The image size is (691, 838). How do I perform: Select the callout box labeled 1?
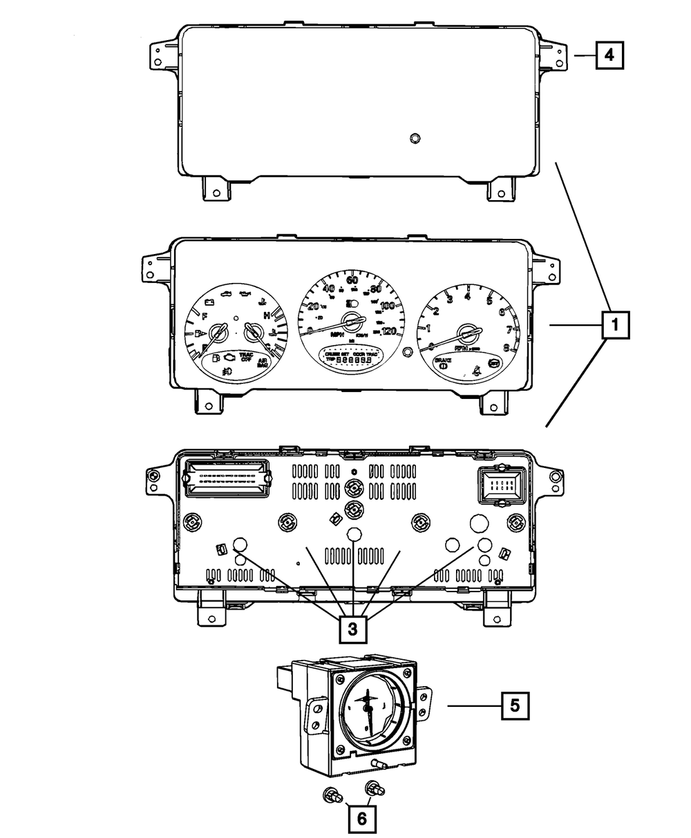point(615,324)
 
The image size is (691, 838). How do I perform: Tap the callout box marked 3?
point(352,628)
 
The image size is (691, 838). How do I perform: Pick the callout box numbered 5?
point(515,705)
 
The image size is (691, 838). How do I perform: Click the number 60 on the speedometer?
point(352,280)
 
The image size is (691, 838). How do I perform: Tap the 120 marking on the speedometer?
point(388,331)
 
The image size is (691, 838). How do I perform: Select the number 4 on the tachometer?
point(468,297)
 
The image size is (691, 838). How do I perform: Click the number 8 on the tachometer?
point(507,348)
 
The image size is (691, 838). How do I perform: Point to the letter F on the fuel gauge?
point(204,315)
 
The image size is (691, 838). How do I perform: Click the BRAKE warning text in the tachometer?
point(442,361)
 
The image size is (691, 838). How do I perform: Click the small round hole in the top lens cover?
point(414,138)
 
